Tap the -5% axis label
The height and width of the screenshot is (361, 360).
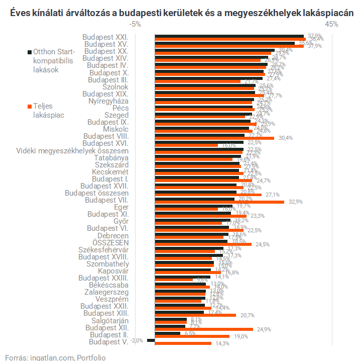135,24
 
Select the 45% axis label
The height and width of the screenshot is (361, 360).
331,24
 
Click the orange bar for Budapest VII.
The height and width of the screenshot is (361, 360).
219,202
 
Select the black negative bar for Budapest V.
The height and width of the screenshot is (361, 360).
151,340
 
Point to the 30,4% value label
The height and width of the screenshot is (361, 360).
285,138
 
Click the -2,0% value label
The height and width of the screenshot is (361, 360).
137,340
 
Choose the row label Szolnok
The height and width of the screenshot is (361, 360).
115,86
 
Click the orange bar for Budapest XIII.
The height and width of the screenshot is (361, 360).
195,315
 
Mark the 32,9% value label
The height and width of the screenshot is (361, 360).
295,202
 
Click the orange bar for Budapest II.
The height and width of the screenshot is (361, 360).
192,336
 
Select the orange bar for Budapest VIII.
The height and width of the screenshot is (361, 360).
214,138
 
